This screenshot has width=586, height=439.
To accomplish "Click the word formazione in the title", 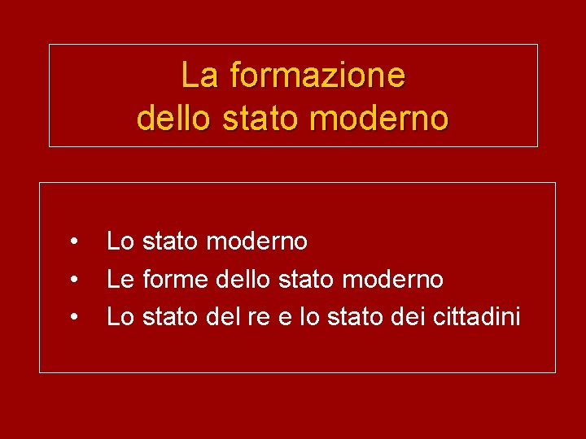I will tap(317, 76).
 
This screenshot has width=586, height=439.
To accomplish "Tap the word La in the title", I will tap(200, 76).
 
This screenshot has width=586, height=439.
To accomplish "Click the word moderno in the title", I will tap(379, 119).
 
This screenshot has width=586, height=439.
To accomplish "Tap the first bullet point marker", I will tap(73, 241).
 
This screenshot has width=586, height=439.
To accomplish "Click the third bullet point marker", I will tap(73, 317).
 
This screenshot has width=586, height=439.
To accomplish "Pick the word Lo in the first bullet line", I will tap(120, 241).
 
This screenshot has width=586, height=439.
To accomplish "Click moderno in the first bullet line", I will tap(257, 241).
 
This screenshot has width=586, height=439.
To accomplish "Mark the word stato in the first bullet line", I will tap(171, 241).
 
